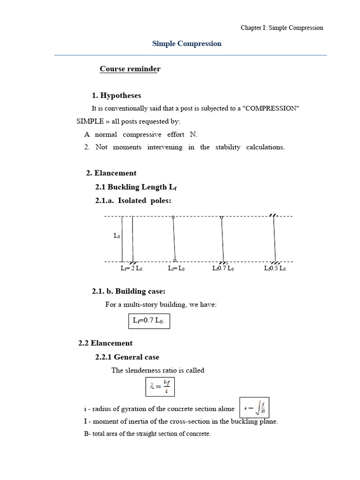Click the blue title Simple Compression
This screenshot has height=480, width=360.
187,44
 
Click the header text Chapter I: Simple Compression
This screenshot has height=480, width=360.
282,28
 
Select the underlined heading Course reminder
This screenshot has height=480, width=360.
130,69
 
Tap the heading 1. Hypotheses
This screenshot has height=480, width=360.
116,96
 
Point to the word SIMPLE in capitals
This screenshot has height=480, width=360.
90,121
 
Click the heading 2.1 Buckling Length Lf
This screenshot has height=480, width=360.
136,187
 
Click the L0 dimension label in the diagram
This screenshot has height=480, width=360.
117,236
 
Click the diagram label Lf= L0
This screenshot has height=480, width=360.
176,269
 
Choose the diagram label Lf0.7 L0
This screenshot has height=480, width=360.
223,269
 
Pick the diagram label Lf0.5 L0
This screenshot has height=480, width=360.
275,269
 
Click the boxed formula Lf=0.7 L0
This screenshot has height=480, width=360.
149,321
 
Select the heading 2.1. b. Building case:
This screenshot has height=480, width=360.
128,292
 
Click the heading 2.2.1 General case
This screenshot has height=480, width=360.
127,357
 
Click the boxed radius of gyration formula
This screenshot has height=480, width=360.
255,409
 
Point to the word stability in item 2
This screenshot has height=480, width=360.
228,147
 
